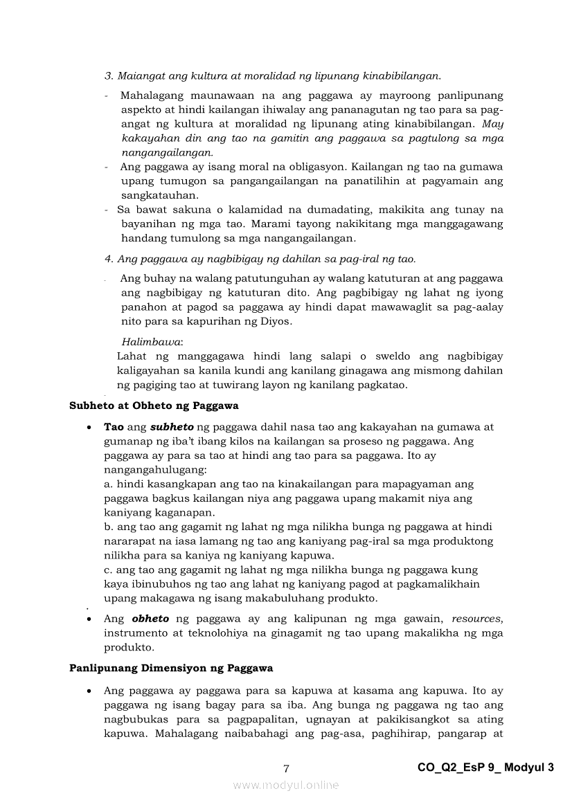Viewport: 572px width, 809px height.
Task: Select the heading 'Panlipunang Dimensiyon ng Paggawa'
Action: tap(171, 668)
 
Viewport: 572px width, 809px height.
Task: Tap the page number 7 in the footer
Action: tap(286, 768)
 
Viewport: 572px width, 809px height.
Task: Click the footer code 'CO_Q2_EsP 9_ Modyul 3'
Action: tap(486, 767)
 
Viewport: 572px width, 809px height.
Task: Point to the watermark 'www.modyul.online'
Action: tap(286, 785)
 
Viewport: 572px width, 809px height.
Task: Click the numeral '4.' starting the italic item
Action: tap(109, 259)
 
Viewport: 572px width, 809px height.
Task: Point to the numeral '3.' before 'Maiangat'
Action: tap(109, 75)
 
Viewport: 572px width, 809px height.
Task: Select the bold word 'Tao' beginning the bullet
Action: tap(114, 427)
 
